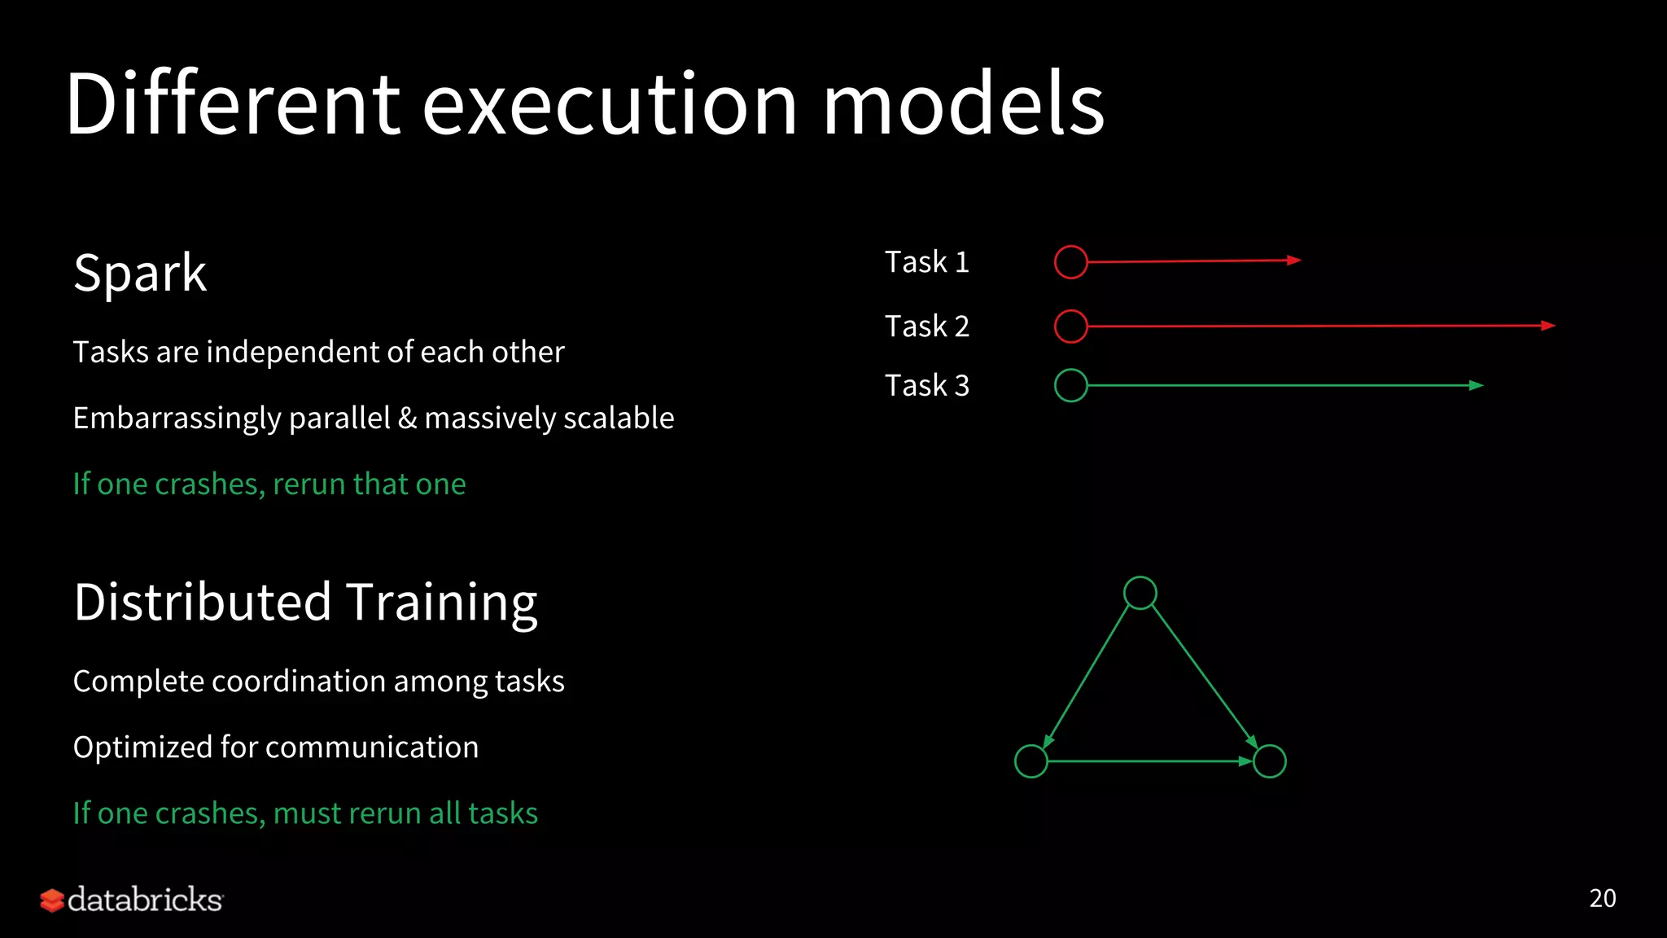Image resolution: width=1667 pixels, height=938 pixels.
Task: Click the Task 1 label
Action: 926,262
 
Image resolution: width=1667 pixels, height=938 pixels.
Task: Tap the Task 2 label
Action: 926,327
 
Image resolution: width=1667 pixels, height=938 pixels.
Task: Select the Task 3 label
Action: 926,386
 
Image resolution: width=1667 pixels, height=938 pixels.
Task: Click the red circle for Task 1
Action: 1070,262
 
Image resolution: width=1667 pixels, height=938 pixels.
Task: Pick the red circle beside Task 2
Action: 1070,327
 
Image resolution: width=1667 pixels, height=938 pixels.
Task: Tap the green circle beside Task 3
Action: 1070,386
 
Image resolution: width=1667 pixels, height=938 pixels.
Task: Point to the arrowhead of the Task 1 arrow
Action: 1294,261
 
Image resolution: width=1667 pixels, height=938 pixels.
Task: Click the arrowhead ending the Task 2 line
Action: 1548,326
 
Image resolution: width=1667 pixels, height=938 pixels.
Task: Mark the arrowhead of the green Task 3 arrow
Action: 1477,386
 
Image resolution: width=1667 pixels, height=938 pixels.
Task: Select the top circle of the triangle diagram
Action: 1140,593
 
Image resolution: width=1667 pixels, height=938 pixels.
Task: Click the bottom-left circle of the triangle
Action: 1030,761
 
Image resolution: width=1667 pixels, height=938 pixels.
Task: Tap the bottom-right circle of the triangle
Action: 1269,761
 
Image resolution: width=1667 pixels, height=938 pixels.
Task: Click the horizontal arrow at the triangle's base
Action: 1148,761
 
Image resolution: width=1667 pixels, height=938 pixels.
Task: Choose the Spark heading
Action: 139,274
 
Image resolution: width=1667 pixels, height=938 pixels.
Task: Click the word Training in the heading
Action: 442,603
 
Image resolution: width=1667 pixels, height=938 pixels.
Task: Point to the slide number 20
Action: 1602,898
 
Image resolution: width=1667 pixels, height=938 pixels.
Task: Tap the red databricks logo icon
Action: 52,901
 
